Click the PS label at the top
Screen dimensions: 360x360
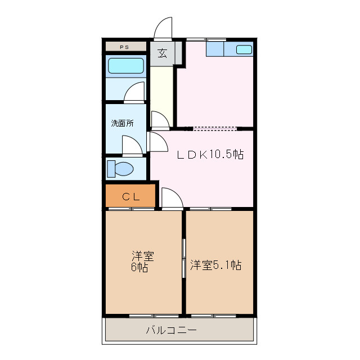click(x=125, y=47)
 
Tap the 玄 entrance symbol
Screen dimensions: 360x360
click(x=163, y=53)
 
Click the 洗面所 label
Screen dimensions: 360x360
click(x=122, y=123)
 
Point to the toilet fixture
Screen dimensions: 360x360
click(x=121, y=168)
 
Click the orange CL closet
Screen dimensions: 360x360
click(x=130, y=196)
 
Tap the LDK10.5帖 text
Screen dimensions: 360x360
click(x=210, y=154)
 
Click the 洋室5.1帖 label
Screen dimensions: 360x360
click(x=215, y=264)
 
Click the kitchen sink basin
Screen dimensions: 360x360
click(x=244, y=49)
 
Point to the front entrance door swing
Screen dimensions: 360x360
click(x=163, y=28)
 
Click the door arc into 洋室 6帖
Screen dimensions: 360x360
click(x=171, y=198)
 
